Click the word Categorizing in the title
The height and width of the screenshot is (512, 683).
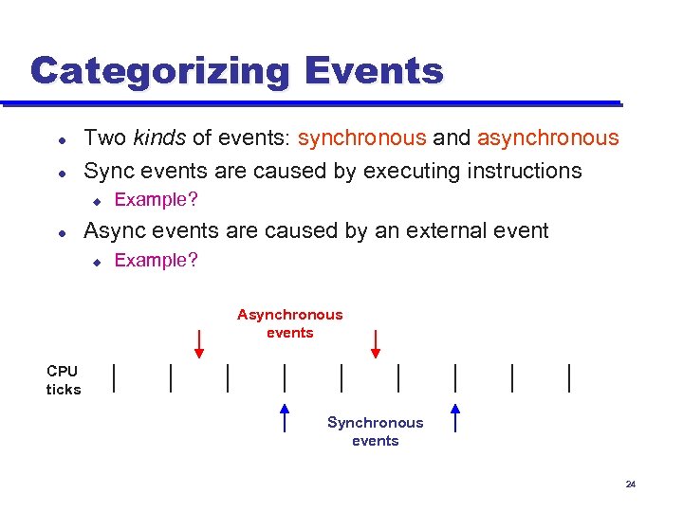click(x=160, y=71)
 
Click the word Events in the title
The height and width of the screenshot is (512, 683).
click(x=374, y=71)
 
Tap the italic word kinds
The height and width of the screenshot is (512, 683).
click(x=159, y=138)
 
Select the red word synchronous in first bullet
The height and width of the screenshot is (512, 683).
click(x=361, y=138)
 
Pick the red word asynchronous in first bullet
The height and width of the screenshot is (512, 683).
click(x=547, y=138)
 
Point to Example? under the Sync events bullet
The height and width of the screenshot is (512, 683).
click(x=156, y=200)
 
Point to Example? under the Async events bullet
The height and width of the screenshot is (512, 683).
click(x=156, y=260)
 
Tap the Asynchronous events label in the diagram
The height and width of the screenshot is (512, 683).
click(x=289, y=323)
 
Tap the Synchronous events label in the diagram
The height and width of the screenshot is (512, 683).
click(x=375, y=431)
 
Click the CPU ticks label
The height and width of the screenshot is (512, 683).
click(x=64, y=380)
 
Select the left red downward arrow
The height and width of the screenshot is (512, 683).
click(x=199, y=343)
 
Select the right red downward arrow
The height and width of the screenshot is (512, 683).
click(x=376, y=343)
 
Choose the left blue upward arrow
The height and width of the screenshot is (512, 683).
click(x=285, y=417)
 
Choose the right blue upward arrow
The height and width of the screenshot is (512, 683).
click(x=455, y=417)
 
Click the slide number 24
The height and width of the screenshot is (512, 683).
click(x=630, y=485)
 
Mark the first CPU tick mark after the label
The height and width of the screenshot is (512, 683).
click(x=114, y=377)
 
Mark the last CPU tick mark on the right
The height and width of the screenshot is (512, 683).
click(x=569, y=377)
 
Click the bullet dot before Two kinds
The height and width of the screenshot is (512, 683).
click(x=61, y=139)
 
